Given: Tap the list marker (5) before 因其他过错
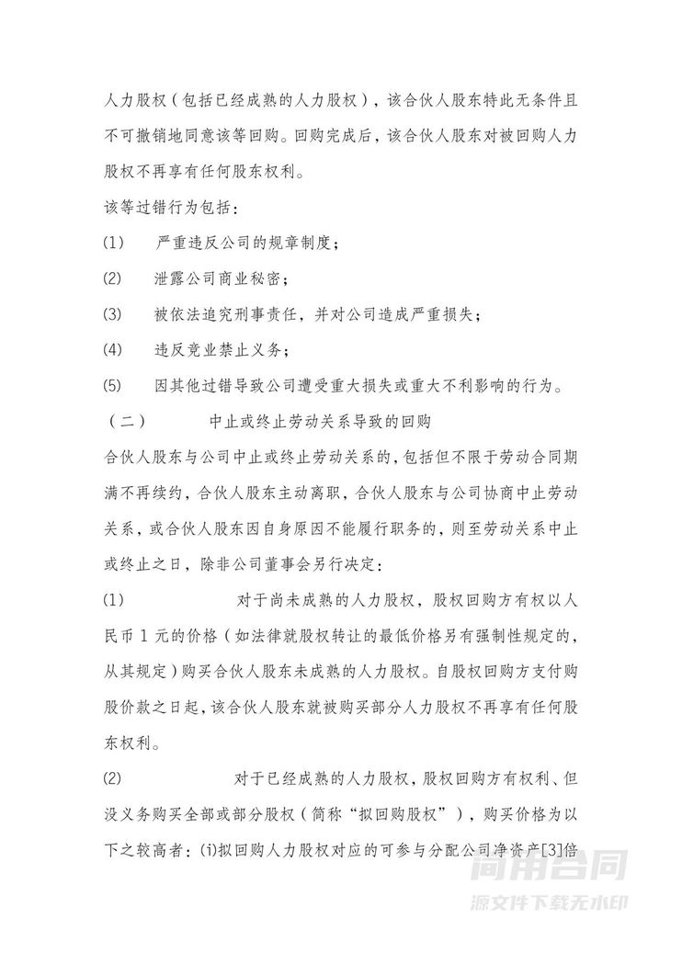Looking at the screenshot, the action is click(x=113, y=384).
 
